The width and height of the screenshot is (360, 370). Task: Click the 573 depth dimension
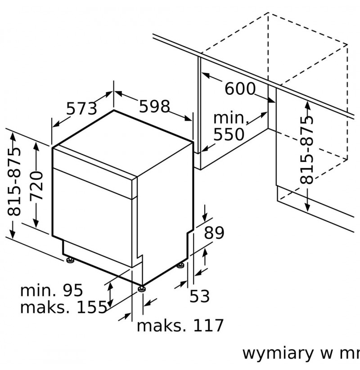coord(81,108)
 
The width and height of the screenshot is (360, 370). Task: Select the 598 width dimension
coord(154,106)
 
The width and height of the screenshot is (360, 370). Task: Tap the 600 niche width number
coord(240,89)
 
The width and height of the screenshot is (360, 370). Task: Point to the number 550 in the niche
coord(229,134)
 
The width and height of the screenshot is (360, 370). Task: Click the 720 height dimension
coord(36,186)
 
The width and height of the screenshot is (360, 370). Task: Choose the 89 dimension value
coord(214,233)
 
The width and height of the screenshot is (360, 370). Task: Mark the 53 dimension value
coord(200,296)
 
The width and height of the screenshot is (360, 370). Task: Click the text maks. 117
coord(180,325)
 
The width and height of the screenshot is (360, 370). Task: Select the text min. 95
coord(51,290)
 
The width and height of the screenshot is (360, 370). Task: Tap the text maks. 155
coord(63,307)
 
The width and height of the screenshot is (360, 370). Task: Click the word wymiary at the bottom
coord(278,353)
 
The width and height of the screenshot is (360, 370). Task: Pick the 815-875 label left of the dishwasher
coord(14,181)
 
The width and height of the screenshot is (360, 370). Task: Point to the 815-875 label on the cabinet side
coord(306,150)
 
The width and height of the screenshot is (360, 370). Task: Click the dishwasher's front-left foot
coord(70,260)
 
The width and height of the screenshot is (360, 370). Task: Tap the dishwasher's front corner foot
coord(141,289)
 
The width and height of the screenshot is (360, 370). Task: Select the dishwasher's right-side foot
coord(180,265)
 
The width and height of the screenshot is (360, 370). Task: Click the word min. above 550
coord(231,118)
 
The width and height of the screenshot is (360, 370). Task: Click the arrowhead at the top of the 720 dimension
coord(36,147)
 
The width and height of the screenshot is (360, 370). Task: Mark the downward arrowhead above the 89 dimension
coord(205,217)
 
